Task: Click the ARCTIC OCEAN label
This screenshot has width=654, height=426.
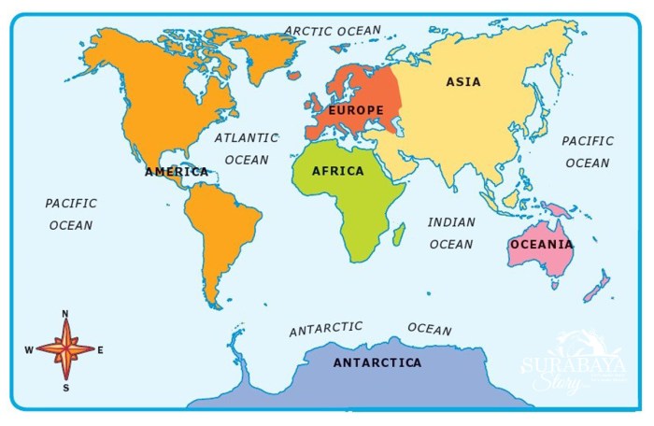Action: [x=333, y=31]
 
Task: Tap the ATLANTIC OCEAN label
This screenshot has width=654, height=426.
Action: [x=247, y=149]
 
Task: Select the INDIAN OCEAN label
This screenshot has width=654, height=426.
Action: [x=452, y=234]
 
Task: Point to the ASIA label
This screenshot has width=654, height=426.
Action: [x=463, y=82]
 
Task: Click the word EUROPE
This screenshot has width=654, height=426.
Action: [x=356, y=111]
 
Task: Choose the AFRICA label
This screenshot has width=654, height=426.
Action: [x=338, y=171]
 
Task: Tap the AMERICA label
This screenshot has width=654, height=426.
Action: [x=177, y=172]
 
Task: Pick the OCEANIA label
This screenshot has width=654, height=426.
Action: [x=542, y=244]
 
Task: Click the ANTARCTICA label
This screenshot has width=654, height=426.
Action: [x=377, y=362]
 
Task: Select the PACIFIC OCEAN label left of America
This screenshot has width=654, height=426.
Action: [x=71, y=214]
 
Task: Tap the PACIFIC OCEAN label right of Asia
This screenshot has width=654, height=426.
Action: [x=588, y=152]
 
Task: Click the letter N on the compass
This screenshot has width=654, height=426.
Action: [x=65, y=314]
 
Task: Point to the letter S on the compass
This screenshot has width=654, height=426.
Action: [x=65, y=386]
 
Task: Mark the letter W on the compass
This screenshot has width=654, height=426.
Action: [x=29, y=350]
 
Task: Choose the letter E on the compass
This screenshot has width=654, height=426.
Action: [x=100, y=350]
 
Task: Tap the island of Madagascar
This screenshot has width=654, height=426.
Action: [x=399, y=231]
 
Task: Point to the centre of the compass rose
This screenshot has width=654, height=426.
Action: [x=65, y=349]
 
